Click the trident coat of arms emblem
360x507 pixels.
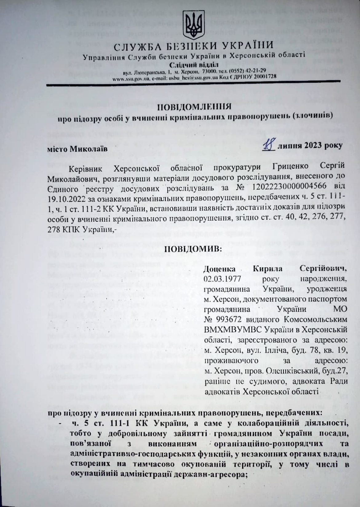point(194,25)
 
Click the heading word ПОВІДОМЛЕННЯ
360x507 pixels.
point(194,107)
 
